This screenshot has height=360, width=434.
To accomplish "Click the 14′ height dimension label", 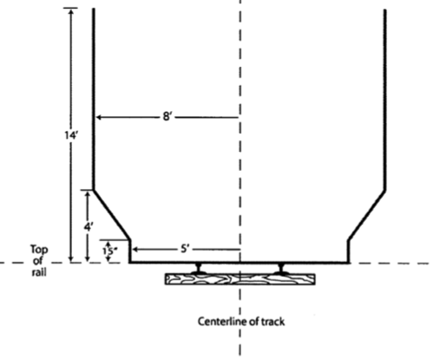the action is click(x=71, y=135).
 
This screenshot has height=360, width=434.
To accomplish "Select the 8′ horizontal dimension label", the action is click(x=168, y=117).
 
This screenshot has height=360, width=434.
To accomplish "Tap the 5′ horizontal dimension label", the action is click(x=185, y=249).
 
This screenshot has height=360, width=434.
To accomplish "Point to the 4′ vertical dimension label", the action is click(x=89, y=227).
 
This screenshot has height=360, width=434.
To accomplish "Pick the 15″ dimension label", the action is click(x=109, y=252).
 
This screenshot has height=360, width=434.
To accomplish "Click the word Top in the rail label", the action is click(x=39, y=249).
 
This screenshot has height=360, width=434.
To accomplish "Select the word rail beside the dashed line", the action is click(x=39, y=272).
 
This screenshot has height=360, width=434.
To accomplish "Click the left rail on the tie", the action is click(x=199, y=269).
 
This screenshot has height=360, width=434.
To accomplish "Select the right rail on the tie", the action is click(x=280, y=269).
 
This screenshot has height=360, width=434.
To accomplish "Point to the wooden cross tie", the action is click(x=240, y=279).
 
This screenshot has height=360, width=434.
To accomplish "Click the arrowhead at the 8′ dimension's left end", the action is click(x=99, y=117).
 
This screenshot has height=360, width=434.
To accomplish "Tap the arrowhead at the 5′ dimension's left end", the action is click(x=135, y=249).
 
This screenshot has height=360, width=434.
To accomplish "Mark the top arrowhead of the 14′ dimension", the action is click(x=71, y=11).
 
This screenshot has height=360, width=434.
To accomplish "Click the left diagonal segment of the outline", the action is click(x=112, y=215).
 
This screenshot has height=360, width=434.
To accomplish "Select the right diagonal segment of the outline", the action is click(x=367, y=215).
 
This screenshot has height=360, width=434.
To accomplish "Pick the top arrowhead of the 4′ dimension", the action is click(x=88, y=193).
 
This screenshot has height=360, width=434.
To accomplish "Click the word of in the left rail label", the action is click(x=38, y=261).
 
